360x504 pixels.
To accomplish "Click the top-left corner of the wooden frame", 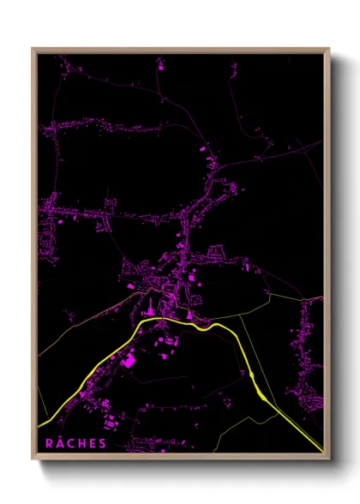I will pyautogui.click(x=33, y=49).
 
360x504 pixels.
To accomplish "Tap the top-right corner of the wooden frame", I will pyautogui.click(x=329, y=49).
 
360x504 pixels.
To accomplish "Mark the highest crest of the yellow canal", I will pyautogui.click(x=163, y=319).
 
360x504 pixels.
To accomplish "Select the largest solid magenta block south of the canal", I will pyautogui.click(x=129, y=361).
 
